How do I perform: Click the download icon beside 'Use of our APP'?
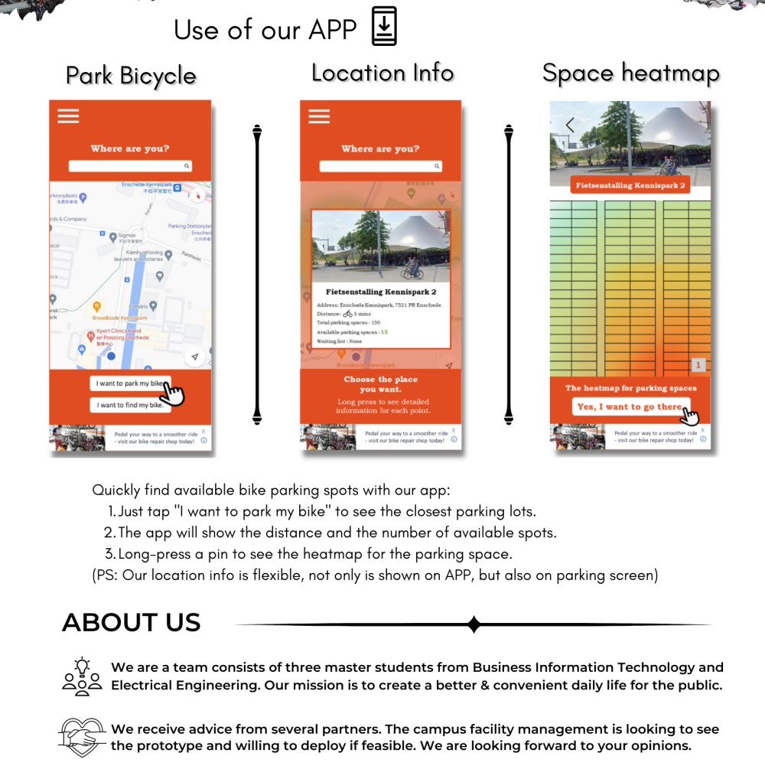coord(384,26)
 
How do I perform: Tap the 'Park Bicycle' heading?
coord(131,76)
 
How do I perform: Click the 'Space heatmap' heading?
coord(630,73)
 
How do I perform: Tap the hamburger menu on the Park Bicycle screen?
coord(68,116)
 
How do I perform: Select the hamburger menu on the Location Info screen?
coord(319,116)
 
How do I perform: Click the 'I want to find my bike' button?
coord(130,405)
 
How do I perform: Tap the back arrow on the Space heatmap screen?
coord(570,125)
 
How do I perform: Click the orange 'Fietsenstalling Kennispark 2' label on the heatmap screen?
coord(630,185)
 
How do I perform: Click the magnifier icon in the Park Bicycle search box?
coord(186,166)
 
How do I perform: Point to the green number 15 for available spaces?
coord(384,332)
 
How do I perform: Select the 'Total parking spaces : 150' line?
coord(349,322)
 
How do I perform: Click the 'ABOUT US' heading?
coord(131,623)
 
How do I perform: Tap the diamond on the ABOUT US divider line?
coord(474,624)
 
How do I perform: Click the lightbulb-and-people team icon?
coord(82,676)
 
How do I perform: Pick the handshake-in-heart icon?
coord(82,737)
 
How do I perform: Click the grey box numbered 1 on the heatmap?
coord(698,366)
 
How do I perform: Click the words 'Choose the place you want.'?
coord(380,384)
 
